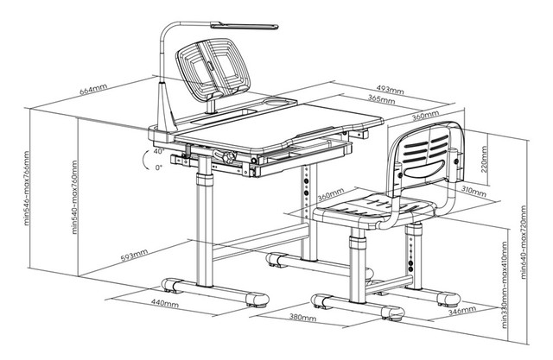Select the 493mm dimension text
click(391, 90)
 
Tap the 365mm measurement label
click(371, 100)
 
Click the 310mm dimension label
click(472, 189)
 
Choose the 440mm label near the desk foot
click(163, 304)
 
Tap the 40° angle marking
click(158, 151)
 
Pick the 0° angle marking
click(158, 167)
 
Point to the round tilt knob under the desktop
click(230, 158)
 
